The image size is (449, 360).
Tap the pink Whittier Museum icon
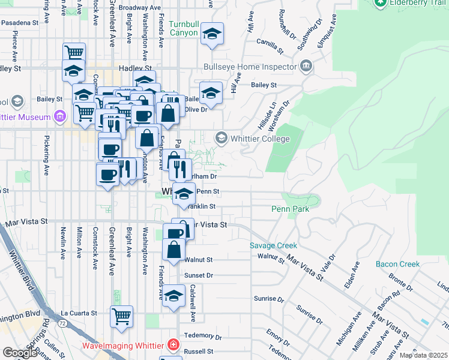(59, 116)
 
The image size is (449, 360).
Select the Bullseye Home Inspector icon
(307, 66)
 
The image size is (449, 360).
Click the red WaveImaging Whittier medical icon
(173, 345)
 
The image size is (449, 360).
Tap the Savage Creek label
(274, 245)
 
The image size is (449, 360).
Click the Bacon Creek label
(397, 264)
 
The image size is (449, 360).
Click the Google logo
(20, 353)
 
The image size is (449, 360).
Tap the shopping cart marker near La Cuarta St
(122, 316)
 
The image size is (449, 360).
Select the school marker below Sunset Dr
(174, 297)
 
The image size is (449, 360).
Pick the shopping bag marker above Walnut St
(173, 249)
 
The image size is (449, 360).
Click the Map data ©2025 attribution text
(423, 355)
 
